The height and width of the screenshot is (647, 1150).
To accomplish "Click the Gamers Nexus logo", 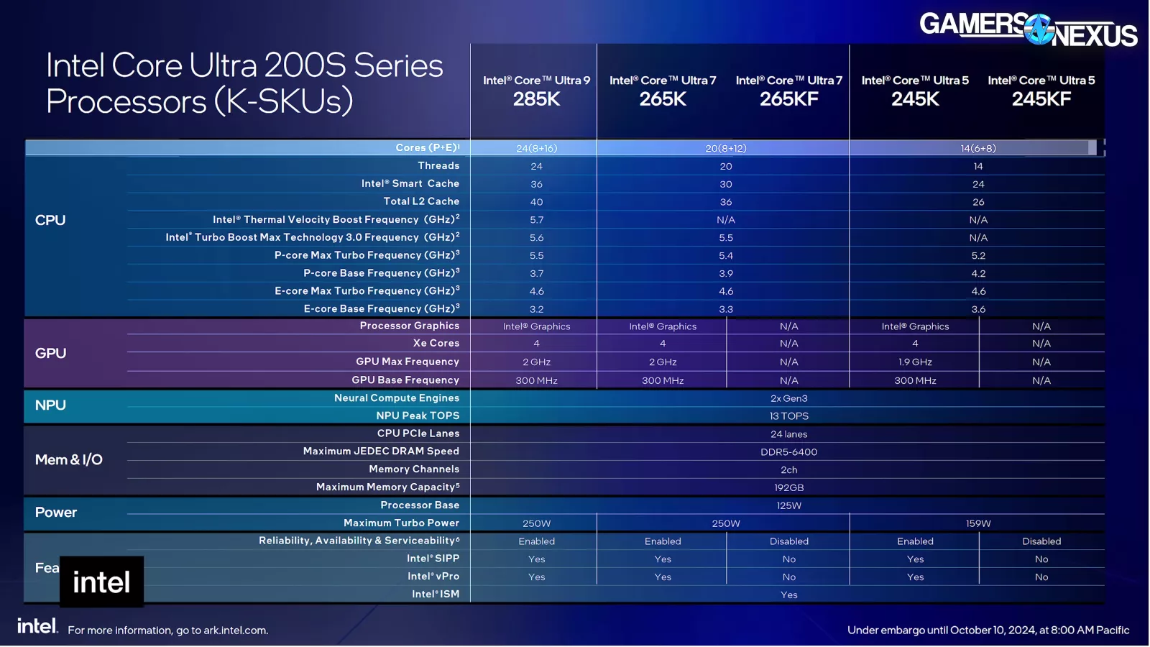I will pos(1028,29).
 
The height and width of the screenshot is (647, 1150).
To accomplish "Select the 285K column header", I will pos(536,91).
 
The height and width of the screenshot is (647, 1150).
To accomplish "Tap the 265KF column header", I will pos(788,91).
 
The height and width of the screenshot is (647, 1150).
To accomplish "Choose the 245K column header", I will pos(915,91).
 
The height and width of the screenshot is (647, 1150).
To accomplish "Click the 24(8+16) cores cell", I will pos(536,148).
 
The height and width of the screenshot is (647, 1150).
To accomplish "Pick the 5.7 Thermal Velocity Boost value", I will pos(536,220).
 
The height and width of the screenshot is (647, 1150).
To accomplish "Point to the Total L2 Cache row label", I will pos(421,201).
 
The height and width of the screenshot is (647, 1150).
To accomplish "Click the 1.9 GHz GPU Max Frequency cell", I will pos(915,362).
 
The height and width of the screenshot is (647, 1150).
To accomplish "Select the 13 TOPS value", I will pos(788,416).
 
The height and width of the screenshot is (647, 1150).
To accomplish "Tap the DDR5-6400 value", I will pos(788,451).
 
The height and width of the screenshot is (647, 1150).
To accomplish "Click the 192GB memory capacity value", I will pos(788,487).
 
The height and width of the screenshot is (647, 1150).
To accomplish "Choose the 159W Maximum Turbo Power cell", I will pos(977,523).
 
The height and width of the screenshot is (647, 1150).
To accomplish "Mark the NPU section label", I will pos(50,405).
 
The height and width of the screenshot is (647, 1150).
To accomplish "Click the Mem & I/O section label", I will pos(69,459).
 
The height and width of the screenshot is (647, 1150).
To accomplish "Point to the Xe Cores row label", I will pos(436,343).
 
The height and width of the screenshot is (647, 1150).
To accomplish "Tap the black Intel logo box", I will pos(101,582).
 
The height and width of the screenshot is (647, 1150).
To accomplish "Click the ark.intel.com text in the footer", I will pos(234,630).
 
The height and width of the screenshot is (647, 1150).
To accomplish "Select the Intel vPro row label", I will pos(433,576).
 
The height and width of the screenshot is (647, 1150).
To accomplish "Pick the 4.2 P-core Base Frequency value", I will pos(977,273).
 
